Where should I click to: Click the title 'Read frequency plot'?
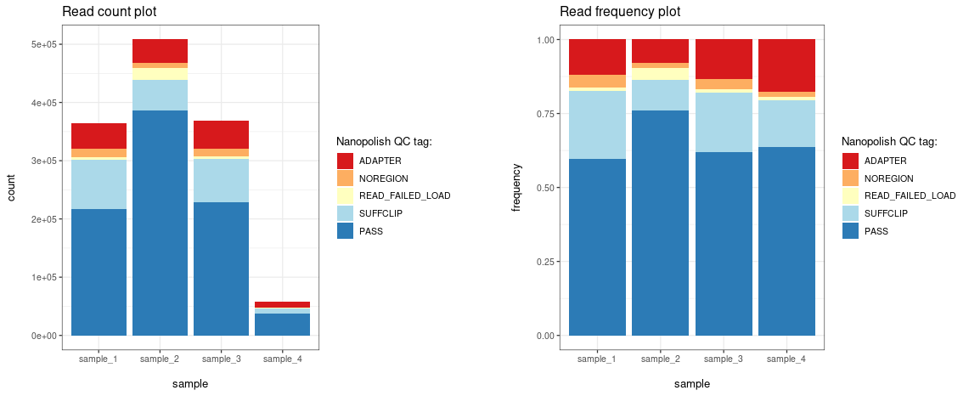[x=619, y=12]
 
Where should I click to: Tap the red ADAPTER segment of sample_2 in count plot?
[x=160, y=51]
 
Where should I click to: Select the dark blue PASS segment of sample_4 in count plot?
[x=282, y=325]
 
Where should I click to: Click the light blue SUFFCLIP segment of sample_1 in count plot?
[x=99, y=184]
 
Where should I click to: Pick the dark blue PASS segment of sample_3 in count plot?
[x=221, y=269]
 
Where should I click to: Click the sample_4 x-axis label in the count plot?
[x=282, y=359]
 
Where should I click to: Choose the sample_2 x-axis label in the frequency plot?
[x=661, y=359]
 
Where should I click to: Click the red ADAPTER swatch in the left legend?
[x=345, y=161]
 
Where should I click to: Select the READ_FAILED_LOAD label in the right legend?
[x=910, y=195]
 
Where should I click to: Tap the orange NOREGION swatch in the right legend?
[x=850, y=178]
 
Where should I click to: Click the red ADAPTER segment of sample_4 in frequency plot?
[x=786, y=65]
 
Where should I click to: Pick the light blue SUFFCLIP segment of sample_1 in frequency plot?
[x=597, y=124]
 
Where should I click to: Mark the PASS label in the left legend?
[x=370, y=230]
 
